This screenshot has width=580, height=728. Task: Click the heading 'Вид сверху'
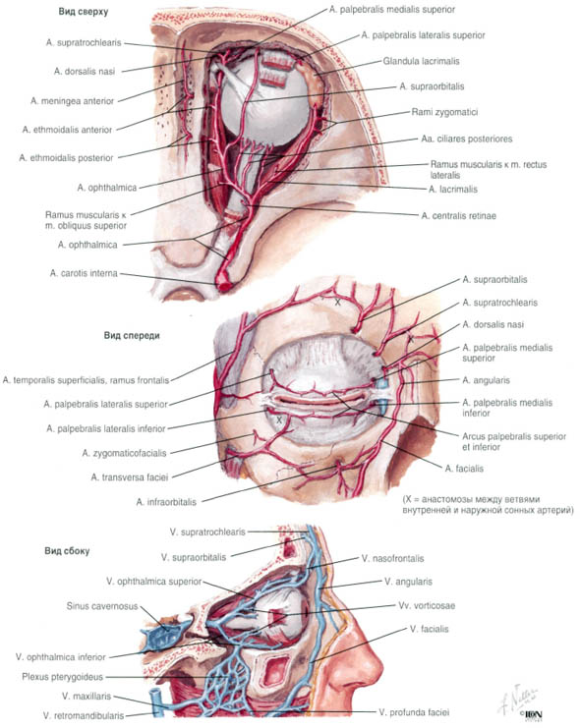tap(84, 12)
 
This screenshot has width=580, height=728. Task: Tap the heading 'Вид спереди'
tap(132, 335)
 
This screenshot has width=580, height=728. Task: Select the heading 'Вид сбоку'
tap(67, 551)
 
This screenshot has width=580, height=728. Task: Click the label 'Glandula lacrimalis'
tap(421, 61)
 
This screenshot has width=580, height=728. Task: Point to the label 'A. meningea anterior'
tap(72, 101)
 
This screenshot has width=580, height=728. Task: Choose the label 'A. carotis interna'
tap(84, 273)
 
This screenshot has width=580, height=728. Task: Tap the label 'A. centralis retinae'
tap(459, 216)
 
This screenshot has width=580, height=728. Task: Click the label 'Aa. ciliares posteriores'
tap(467, 139)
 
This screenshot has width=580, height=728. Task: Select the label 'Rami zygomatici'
tap(444, 112)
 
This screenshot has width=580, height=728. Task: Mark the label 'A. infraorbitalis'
tap(166, 502)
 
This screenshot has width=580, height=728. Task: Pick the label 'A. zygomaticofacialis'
tap(124, 453)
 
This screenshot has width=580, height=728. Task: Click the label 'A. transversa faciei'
tap(130, 476)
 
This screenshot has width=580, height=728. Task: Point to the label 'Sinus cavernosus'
tap(102, 606)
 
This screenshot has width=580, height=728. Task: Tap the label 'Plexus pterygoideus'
tap(62, 677)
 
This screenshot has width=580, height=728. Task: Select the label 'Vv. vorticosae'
tap(427, 605)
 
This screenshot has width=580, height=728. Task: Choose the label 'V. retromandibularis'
tap(84, 715)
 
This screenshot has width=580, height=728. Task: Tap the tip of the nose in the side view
tap(382, 669)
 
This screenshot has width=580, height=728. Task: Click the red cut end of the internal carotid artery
tap(225, 284)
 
